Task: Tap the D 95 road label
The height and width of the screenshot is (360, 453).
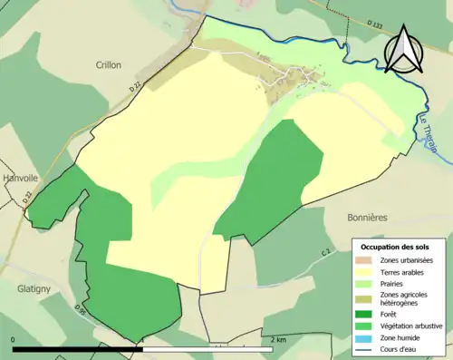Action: pyautogui.click(x=82, y=313)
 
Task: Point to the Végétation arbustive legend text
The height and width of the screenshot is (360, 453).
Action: pyautogui.click(x=412, y=326)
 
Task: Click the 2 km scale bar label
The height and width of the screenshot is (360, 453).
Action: pyautogui.click(x=280, y=340)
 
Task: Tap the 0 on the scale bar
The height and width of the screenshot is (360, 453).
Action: pyautogui.click(x=14, y=340)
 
